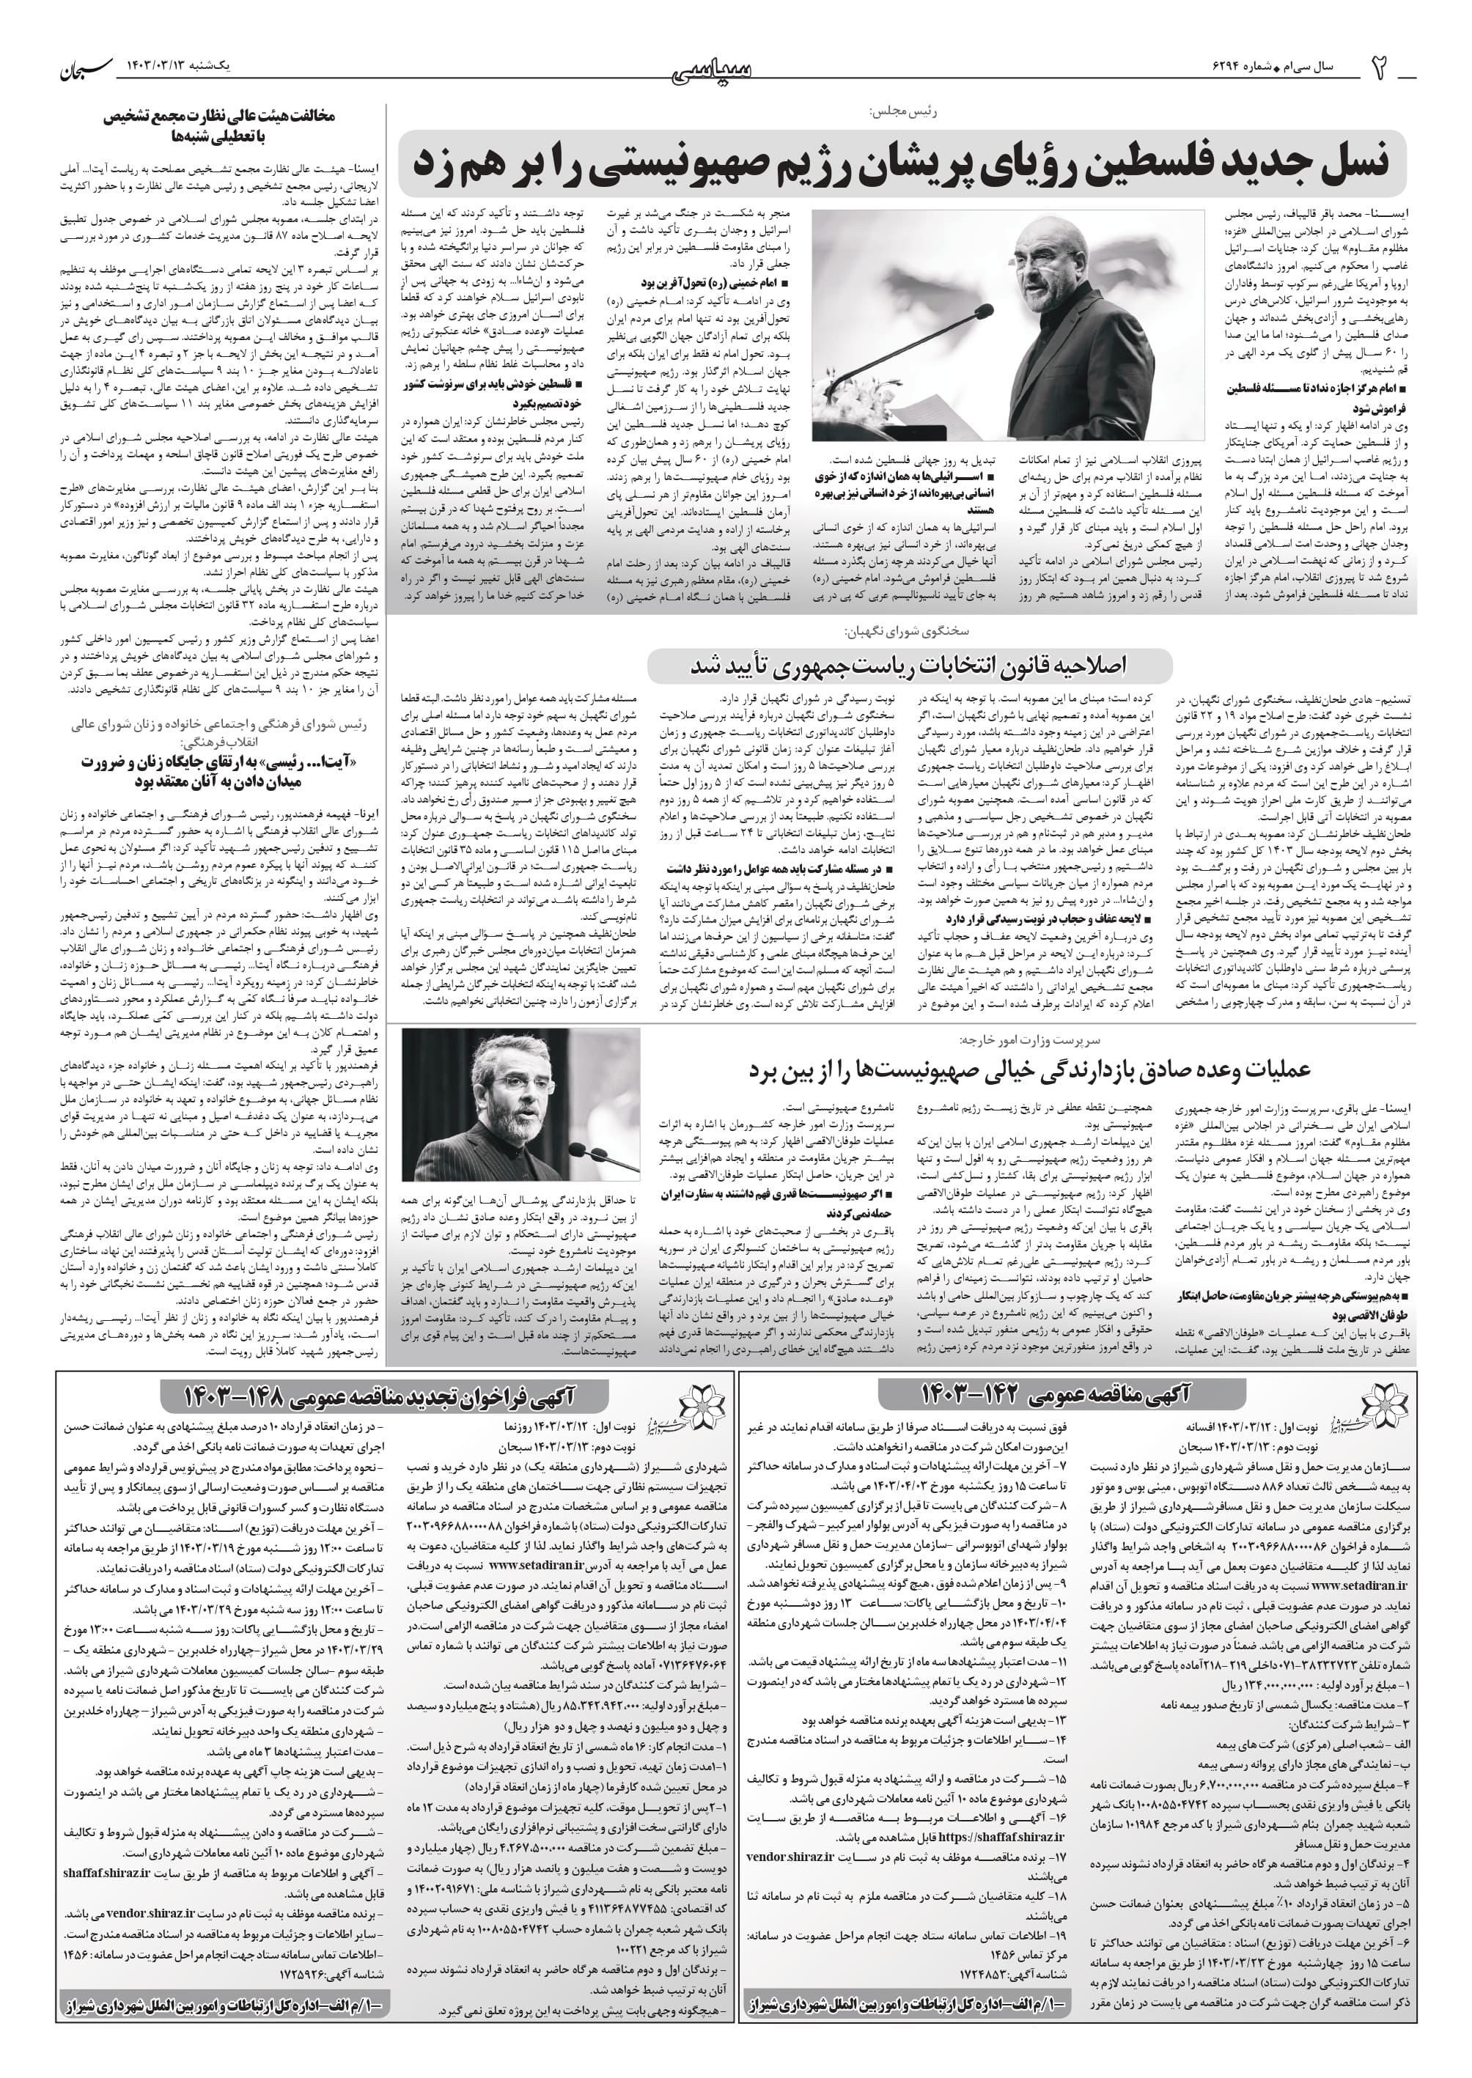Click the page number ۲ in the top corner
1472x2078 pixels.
point(1380,70)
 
